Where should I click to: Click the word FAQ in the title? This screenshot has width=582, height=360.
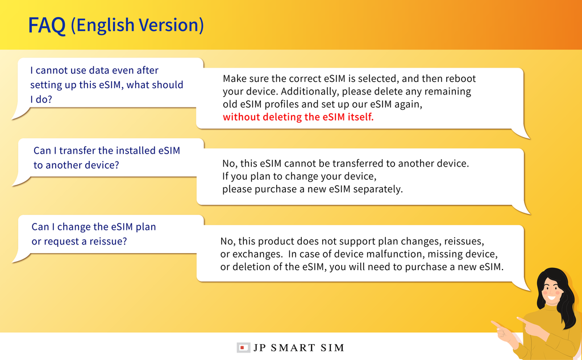click(47, 25)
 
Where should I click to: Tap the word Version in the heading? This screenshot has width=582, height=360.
click(171, 25)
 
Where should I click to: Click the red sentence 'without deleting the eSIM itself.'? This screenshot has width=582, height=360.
click(298, 117)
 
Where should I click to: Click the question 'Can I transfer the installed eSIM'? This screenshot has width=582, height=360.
click(107, 151)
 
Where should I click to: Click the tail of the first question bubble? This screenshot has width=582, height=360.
click(20, 113)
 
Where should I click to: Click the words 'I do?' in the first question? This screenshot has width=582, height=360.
click(41, 100)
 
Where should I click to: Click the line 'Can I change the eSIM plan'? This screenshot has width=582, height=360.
click(94, 227)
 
